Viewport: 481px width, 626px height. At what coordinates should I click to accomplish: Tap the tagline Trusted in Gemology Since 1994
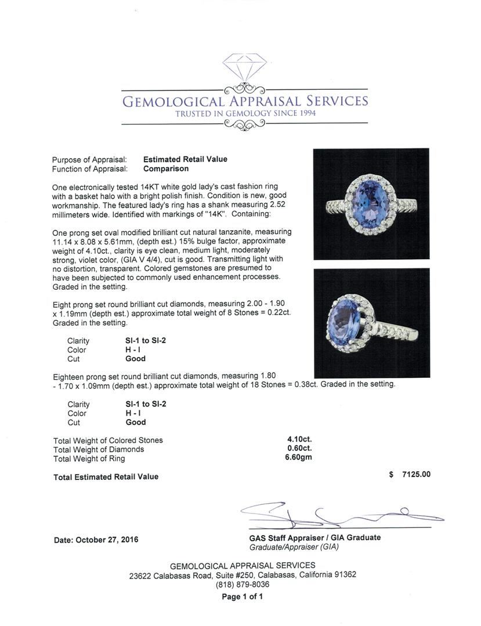click(x=245, y=114)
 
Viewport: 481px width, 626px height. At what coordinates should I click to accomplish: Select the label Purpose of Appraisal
click(x=89, y=159)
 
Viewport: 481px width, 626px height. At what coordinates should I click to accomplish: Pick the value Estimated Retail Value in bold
click(x=185, y=159)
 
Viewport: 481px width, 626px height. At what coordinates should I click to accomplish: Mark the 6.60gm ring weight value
click(x=299, y=458)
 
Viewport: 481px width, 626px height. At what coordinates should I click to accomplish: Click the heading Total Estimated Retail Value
click(x=106, y=477)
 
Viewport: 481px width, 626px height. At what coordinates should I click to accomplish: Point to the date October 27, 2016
click(x=96, y=540)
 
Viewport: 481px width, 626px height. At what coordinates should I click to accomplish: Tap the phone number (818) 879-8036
click(x=243, y=584)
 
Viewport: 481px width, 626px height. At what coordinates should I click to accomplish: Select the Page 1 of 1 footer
click(x=243, y=596)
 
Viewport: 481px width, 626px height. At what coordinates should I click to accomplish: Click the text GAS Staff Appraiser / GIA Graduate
click(x=312, y=537)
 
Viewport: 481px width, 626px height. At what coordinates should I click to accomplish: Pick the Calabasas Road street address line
click(x=243, y=575)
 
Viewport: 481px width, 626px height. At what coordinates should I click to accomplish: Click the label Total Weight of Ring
click(x=89, y=458)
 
